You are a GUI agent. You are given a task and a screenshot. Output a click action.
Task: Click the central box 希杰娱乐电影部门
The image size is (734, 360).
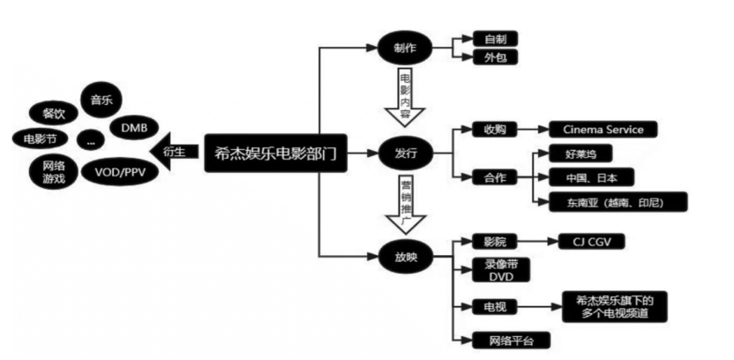coord(274,151)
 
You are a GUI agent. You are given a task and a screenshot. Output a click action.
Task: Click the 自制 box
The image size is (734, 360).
coord(495,39)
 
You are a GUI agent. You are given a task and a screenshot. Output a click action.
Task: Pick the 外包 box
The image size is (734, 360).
coord(495,58)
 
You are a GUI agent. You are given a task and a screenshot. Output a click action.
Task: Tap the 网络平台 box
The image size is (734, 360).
coord(499,340)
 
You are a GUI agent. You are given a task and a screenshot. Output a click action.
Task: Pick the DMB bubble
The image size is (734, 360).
coord(134,129)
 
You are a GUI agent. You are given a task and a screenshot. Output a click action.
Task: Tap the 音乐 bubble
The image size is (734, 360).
coord(101,101)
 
